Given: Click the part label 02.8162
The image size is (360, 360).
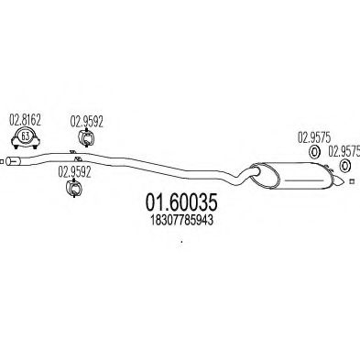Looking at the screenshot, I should point(25,119).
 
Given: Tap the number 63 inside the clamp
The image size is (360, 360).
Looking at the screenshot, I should point(27,140).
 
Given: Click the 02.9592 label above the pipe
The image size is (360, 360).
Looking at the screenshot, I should point(87,118).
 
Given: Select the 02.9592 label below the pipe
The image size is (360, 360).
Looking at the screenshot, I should point(74,170).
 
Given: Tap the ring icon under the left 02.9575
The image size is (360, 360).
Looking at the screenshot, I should point(312,153).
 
